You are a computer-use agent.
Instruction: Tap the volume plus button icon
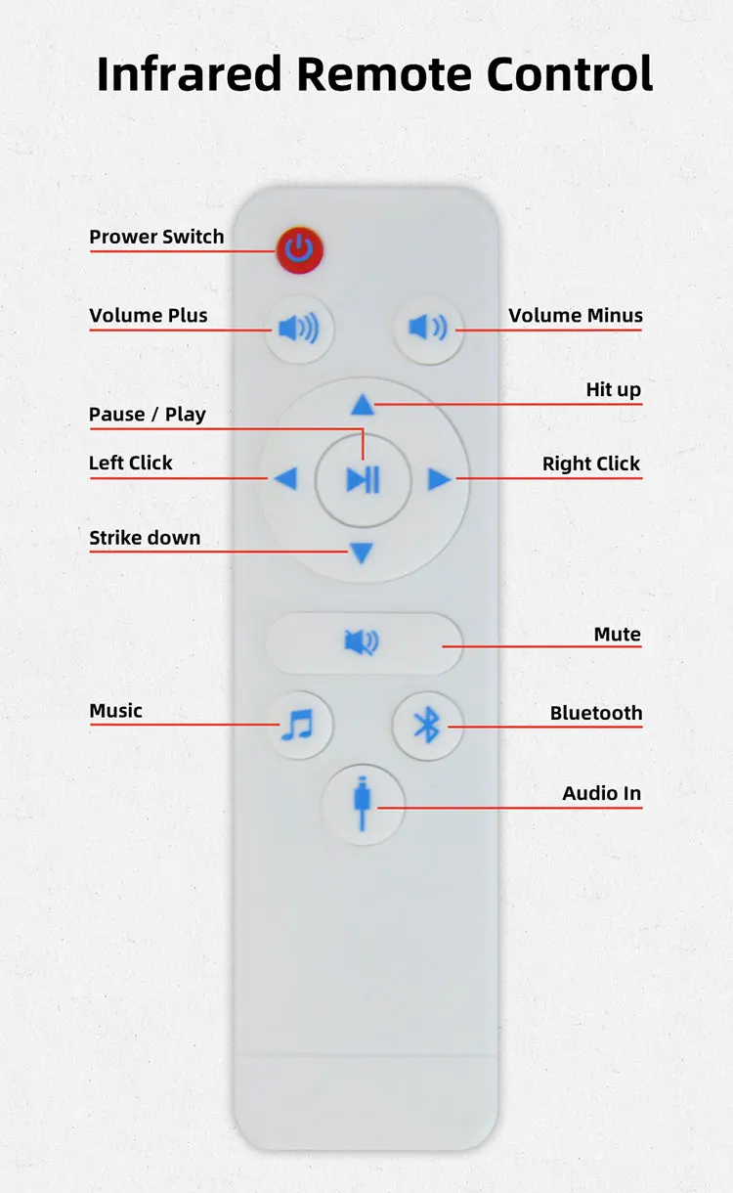point(298,329)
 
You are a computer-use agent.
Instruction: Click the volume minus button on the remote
point(428,328)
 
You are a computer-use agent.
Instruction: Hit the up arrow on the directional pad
point(363,404)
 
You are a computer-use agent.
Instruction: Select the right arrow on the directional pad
point(439,479)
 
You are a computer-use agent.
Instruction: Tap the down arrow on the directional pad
point(362,554)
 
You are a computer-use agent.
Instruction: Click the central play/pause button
point(363,480)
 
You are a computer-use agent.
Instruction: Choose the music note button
point(297,726)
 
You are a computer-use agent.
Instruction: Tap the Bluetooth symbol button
point(427,726)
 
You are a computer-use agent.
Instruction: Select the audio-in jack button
point(364,804)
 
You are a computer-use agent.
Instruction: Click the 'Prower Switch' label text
point(156,237)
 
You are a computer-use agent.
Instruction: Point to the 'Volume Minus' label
point(576,315)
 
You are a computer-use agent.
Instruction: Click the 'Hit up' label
point(613,389)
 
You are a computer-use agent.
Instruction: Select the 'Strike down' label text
point(145,537)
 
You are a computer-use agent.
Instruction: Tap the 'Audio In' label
point(601,793)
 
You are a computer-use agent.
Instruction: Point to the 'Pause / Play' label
point(148,414)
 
